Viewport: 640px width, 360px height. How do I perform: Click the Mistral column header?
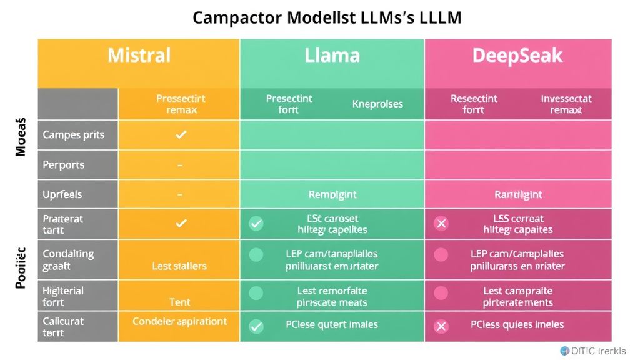139,56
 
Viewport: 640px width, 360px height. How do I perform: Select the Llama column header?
332,56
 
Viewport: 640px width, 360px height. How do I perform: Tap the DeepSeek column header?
517,56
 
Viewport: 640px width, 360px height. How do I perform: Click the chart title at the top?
327,17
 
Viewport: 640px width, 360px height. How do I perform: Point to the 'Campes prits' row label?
73,135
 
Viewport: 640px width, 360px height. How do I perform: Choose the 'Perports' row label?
63,165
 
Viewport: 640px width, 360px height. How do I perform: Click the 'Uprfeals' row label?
62,194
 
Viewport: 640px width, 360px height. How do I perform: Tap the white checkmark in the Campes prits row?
181,134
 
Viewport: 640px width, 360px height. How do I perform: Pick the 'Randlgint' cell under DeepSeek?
518,194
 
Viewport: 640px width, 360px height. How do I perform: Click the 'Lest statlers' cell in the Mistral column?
179,266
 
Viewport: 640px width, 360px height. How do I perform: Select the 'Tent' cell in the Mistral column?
180,302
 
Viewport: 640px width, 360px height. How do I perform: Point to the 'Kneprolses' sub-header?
377,104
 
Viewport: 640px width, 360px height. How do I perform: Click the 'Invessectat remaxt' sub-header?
566,104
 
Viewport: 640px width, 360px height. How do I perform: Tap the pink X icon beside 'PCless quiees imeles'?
441,326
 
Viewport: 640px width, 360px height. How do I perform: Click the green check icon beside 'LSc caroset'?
256,224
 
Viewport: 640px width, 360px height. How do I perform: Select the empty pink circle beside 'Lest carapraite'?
441,292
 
